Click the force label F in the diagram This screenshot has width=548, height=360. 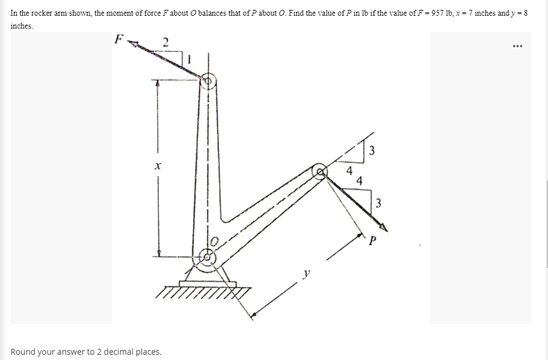click(119, 40)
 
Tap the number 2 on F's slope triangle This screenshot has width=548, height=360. click(165, 41)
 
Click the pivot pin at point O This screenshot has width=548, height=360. click(208, 256)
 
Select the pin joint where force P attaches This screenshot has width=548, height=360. click(320, 172)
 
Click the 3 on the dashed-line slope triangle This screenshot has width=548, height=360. click(371, 151)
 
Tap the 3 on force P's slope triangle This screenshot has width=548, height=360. click(378, 203)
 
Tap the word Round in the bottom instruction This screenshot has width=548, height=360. click(23, 352)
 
